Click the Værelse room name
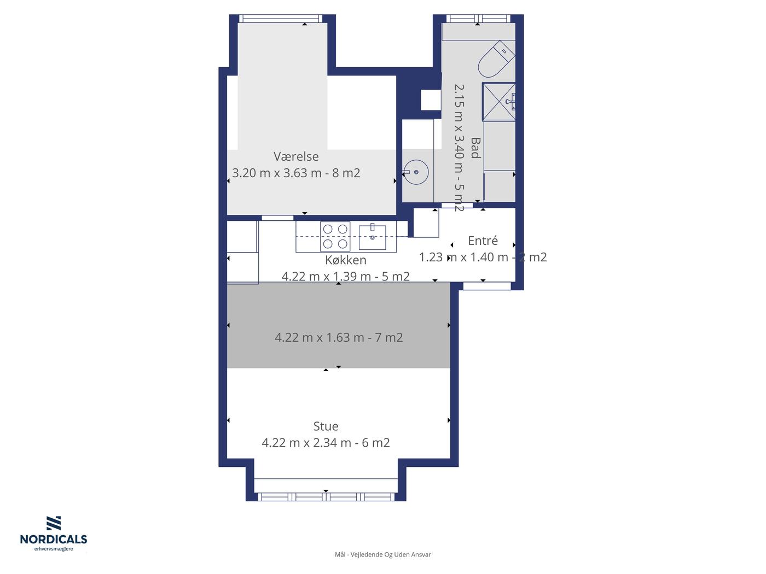pos(295,156)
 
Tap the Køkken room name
pos(345,260)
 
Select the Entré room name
pos(483,241)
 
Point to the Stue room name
pos(326,426)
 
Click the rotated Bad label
pos(475,148)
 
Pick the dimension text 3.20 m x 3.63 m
pos(277,173)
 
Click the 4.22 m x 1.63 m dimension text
pos(320,337)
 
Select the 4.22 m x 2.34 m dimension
pos(306,443)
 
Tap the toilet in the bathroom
pos(496,59)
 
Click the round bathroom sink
pos(416,172)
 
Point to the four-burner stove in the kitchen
pos(335,236)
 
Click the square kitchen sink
pos(373,237)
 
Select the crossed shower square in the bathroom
pos(498,102)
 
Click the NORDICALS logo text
pos(54,540)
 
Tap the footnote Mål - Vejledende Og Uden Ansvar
pos(383,554)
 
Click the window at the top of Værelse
pos(281,19)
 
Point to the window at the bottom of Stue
pos(326,496)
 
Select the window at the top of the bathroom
pos(478,19)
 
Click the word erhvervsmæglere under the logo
pos(54,549)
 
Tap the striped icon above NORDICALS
pos(54,524)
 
